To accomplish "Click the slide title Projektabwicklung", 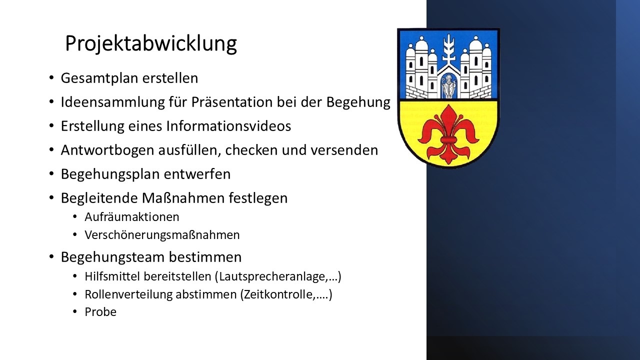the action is click(x=151, y=44).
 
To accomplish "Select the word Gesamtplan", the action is click(x=99, y=78).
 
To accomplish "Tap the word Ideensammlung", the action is click(x=113, y=102).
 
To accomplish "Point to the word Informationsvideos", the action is click(x=228, y=126).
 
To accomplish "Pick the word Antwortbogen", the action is click(x=107, y=150).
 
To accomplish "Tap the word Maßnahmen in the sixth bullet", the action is click(x=183, y=198).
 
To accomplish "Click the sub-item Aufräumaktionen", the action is click(x=132, y=217).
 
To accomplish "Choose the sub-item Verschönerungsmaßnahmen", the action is click(x=162, y=235).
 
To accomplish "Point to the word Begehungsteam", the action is click(x=112, y=257).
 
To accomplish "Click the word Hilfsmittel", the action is click(x=112, y=276).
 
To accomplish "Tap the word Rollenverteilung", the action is click(x=129, y=294).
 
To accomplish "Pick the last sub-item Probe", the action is click(x=100, y=312).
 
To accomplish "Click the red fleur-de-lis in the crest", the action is click(x=448, y=134).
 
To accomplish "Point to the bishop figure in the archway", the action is click(x=448, y=86).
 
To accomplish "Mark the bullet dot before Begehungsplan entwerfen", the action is click(x=51, y=173).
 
